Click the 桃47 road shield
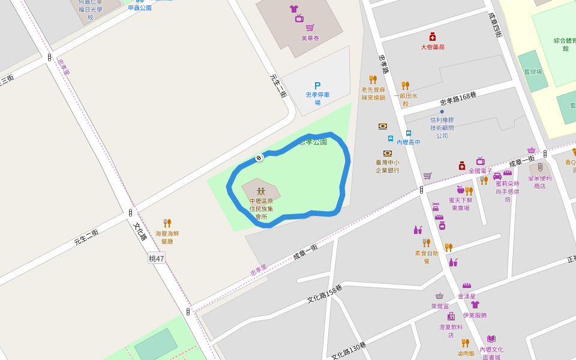click(157, 259)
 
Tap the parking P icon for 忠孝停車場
click(317, 86)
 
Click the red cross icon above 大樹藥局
click(432, 37)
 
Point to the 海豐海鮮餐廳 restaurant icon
click(167, 223)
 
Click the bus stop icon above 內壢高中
click(409, 133)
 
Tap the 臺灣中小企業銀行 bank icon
click(387, 153)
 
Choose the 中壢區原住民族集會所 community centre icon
click(261, 191)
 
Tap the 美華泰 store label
click(310, 38)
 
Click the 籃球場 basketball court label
click(532, 71)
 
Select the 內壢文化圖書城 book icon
click(491, 339)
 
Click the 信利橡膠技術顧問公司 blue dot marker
click(442, 111)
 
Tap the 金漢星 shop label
click(466, 296)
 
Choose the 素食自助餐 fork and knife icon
click(426, 242)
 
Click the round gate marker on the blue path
click(259, 158)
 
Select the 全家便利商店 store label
click(539, 182)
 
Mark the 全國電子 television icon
click(480, 161)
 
